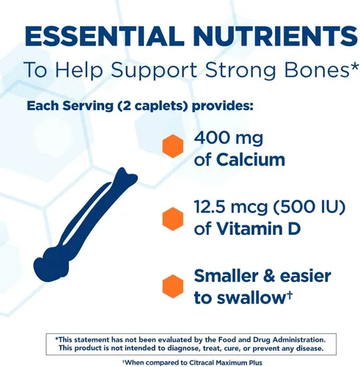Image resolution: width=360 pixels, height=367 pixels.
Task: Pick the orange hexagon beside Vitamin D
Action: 172,218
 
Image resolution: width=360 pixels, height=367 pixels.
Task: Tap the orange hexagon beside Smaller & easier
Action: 172,286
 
